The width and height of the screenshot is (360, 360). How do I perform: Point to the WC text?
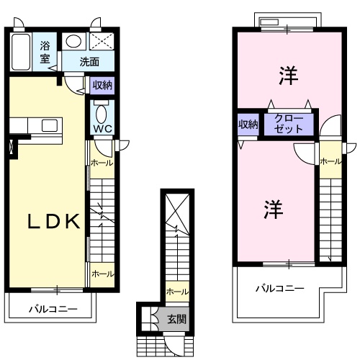(x=101, y=130)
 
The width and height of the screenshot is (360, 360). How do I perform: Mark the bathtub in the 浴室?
(x=21, y=51)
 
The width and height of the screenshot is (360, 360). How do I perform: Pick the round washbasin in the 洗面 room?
(x=74, y=42)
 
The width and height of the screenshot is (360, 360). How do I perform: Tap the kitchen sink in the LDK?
(x=50, y=126)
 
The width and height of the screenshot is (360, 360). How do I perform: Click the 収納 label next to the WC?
(x=102, y=86)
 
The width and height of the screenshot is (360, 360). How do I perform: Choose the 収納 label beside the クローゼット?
(x=248, y=125)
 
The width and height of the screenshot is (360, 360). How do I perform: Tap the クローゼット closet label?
(x=289, y=125)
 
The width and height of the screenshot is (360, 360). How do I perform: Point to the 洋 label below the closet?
(x=271, y=210)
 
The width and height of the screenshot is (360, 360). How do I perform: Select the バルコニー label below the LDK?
(x=53, y=309)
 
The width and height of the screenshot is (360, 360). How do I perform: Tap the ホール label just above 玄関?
(x=177, y=292)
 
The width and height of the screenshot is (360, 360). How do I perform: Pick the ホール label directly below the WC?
(x=102, y=163)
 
